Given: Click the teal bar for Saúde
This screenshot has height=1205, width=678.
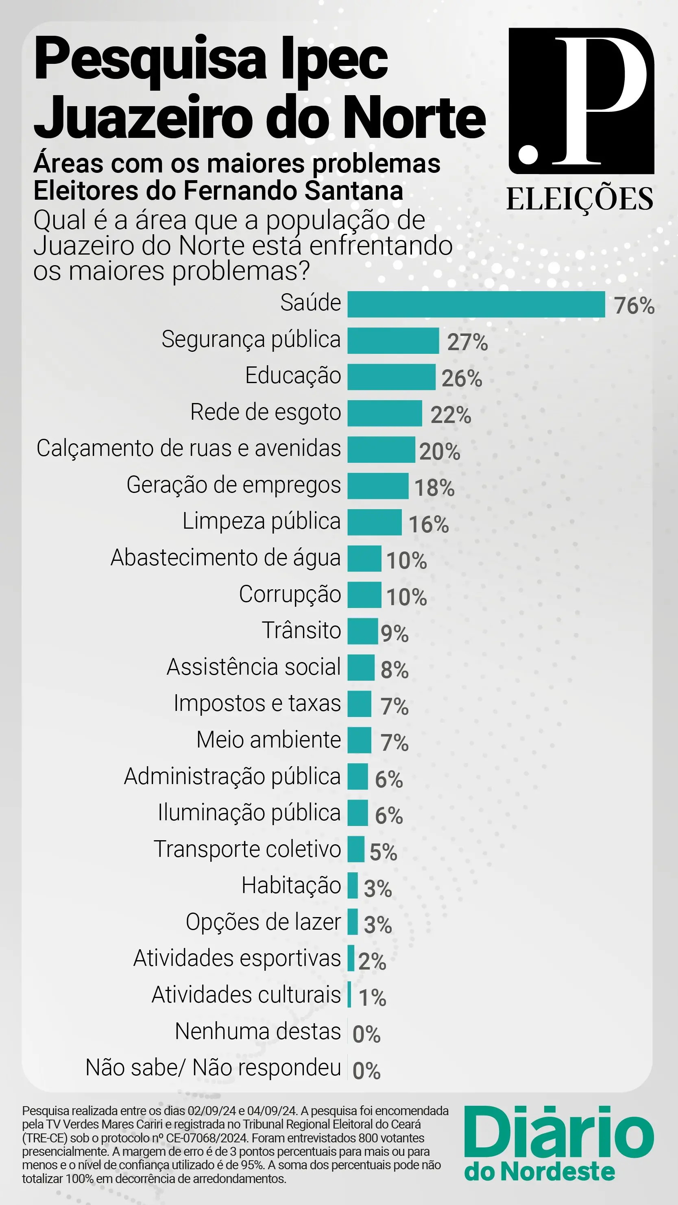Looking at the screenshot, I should (x=476, y=304).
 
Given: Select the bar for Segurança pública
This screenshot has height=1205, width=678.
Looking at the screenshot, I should (x=393, y=340).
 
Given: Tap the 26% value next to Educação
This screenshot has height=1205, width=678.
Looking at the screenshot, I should (x=461, y=378).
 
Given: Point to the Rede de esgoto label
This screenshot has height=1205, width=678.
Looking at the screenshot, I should (x=265, y=412).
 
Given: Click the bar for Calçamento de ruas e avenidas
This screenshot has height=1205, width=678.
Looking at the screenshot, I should (x=381, y=449).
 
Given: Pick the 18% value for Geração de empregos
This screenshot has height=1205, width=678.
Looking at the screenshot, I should (x=434, y=488).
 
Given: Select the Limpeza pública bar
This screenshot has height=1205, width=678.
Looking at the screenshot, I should (x=374, y=522).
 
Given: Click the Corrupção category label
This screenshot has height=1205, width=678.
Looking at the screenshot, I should (x=290, y=594).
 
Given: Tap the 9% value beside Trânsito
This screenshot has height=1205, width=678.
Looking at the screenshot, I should (x=395, y=633).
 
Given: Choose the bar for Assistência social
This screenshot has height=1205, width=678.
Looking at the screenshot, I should (x=361, y=667).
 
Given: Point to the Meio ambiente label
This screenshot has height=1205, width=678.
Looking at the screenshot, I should (x=268, y=740).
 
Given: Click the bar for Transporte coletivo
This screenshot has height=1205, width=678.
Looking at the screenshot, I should (x=355, y=849).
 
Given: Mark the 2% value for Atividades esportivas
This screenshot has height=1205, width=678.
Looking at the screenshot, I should (x=372, y=961).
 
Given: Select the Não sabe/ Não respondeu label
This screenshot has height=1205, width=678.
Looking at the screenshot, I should (x=213, y=1068).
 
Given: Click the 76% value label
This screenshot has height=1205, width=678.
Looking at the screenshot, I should (x=634, y=305).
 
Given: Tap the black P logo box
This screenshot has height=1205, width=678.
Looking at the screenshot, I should (x=581, y=101).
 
